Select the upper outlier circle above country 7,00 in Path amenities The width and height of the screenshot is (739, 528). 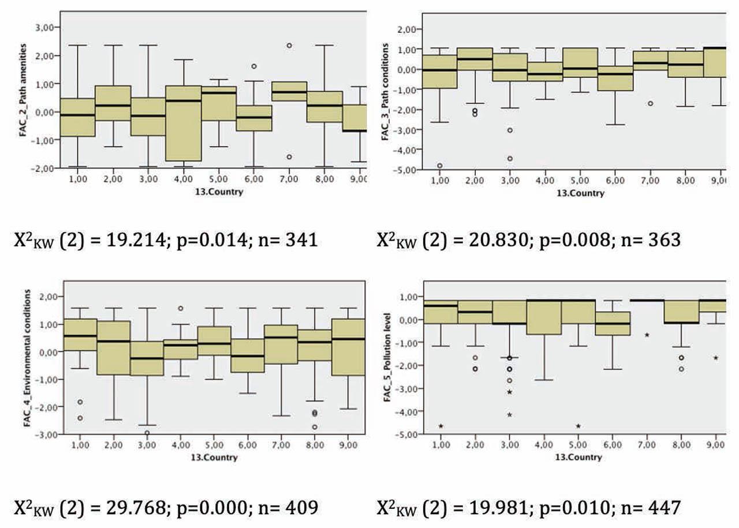289,46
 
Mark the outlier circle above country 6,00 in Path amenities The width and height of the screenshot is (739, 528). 253,66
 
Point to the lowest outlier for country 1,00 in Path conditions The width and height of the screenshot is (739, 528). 440,166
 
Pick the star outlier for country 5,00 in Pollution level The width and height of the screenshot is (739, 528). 578,426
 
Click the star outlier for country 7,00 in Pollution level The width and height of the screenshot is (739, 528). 647,335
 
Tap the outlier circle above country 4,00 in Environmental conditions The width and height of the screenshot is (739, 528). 181,308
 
